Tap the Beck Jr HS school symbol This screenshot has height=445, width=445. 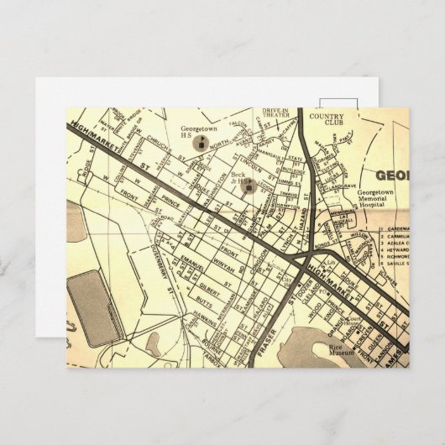click(x=249, y=186)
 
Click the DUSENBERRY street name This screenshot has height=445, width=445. click(x=154, y=258)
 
